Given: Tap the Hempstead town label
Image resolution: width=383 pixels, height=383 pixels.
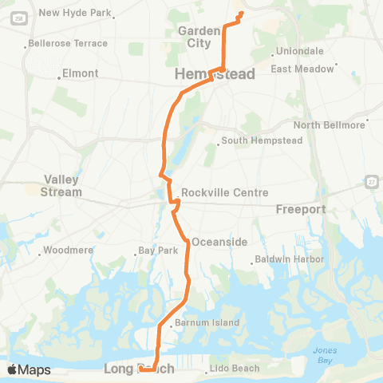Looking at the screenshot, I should tap(215, 74).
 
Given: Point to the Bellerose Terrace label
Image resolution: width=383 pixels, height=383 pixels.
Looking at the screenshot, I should tap(67, 43).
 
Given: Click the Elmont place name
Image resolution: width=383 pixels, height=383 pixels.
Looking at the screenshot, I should tap(81, 73).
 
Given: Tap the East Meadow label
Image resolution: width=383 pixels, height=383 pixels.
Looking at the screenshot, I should tap(302, 69).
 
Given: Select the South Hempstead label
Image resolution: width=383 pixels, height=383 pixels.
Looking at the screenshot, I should tap(254, 142).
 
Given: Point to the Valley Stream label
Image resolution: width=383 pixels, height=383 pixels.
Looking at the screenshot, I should tap(62, 186).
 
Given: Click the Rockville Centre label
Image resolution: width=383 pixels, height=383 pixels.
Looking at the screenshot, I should tap(224, 193).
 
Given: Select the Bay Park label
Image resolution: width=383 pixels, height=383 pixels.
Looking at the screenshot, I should tap(156, 250).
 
